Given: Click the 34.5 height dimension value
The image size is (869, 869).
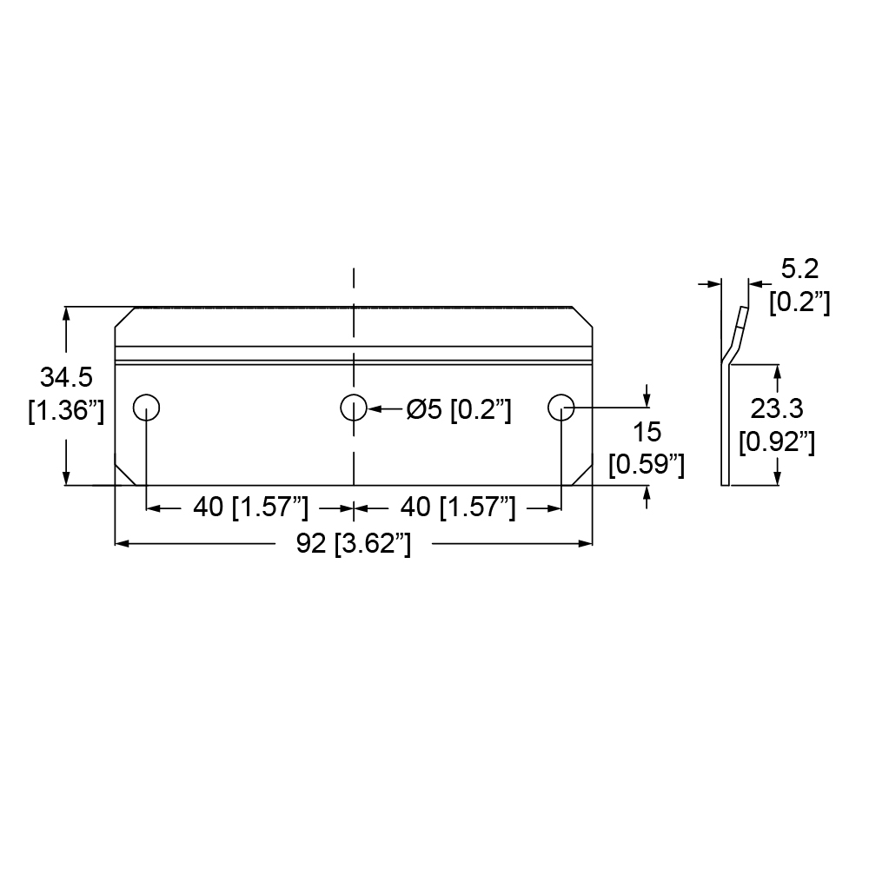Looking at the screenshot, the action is click(66, 377).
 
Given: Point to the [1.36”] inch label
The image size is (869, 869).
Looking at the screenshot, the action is click(66, 411).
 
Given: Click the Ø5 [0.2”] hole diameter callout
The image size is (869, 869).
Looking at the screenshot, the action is click(459, 410).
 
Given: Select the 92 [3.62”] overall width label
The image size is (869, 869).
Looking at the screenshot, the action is click(354, 544).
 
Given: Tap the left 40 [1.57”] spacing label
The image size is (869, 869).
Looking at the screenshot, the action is click(250, 507).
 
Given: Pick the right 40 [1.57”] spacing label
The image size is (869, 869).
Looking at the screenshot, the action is click(458, 507).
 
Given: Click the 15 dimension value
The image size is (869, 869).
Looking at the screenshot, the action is click(647, 432).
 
